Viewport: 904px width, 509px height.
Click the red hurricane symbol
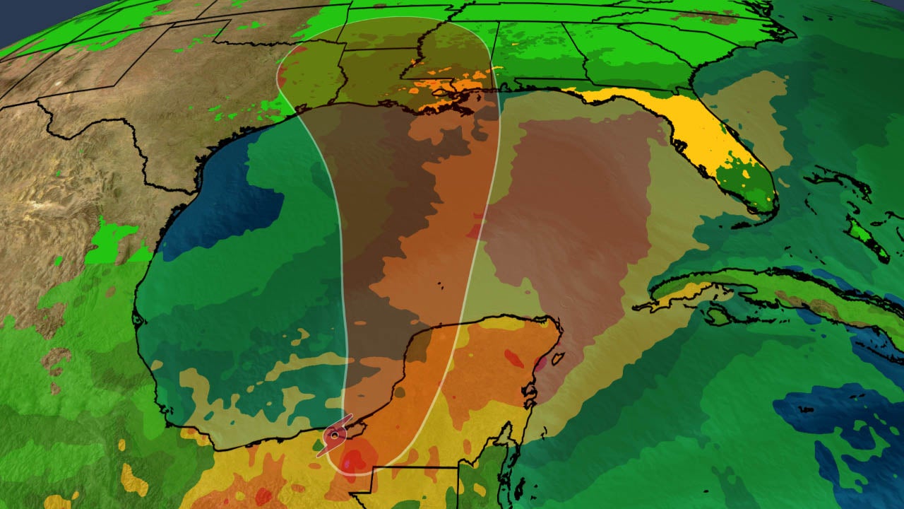(x=335, y=435)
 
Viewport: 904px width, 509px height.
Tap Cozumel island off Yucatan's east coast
(x=557, y=359)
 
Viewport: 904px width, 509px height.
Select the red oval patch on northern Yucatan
(x=514, y=358)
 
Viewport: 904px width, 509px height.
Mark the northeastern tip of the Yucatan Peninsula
(x=558, y=325)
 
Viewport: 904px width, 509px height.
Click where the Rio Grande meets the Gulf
(x=195, y=189)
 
